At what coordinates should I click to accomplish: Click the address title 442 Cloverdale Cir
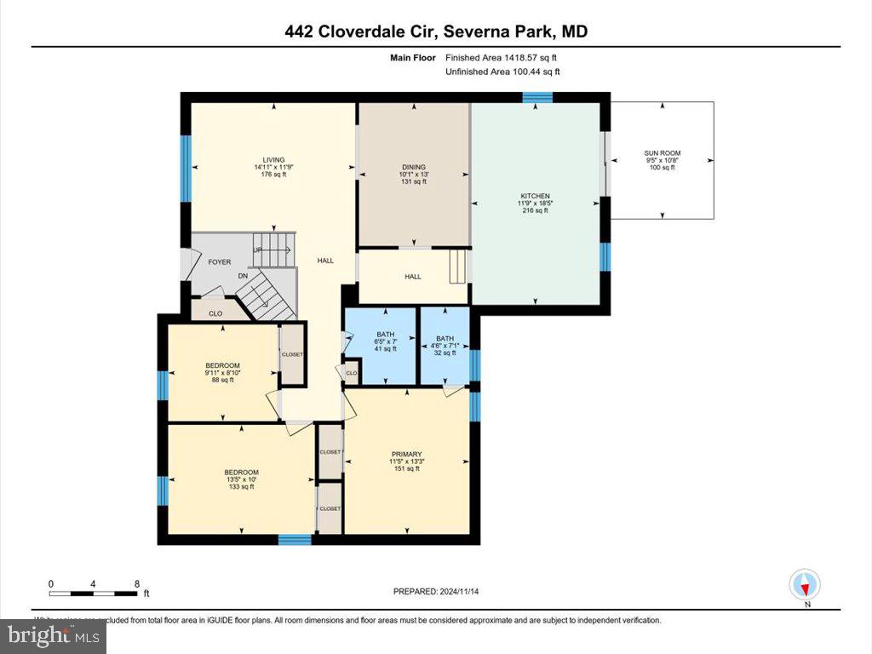click(x=436, y=32)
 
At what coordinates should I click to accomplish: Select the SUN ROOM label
click(x=662, y=153)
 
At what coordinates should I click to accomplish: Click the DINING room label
click(x=414, y=167)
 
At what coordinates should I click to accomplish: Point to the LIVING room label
click(x=273, y=159)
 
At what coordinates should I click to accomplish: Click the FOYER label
click(x=220, y=262)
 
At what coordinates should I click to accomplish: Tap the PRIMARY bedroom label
click(x=407, y=454)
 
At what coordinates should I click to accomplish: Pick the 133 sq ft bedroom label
click(x=241, y=473)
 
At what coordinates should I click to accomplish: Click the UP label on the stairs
click(x=257, y=250)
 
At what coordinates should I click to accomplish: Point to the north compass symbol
click(x=805, y=586)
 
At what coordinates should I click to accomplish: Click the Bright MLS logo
click(x=54, y=635)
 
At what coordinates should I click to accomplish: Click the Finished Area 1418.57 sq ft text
click(x=502, y=58)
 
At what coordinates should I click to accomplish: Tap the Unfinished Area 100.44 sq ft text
click(x=502, y=72)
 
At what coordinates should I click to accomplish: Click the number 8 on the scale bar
click(x=137, y=584)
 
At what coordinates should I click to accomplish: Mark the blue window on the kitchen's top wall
click(x=536, y=97)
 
